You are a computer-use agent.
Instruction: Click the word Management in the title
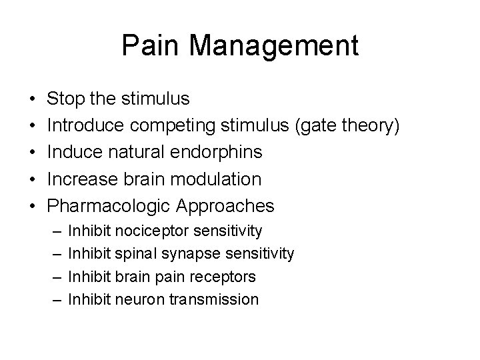pos(273,46)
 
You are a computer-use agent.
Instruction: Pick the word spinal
pos(135,253)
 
